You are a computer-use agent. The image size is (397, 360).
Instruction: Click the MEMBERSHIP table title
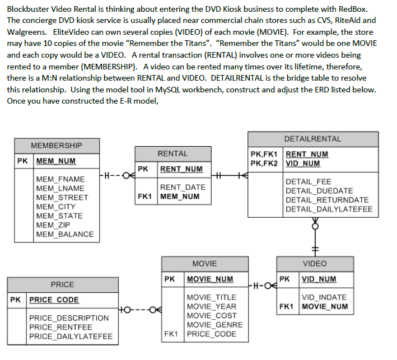tap(56, 146)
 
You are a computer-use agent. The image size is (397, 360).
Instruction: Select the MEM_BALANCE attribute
tap(64, 234)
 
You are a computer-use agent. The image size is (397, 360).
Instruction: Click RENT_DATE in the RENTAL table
tap(183, 188)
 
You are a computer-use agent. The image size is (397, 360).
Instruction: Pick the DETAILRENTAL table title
tap(312, 139)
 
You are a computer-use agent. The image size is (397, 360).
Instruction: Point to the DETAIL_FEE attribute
tap(308, 182)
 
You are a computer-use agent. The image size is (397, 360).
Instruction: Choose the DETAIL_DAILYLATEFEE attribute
tap(328, 209)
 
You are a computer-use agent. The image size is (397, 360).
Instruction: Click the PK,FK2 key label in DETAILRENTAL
tap(265, 163)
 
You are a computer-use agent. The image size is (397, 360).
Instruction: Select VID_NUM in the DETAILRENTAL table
tap(303, 163)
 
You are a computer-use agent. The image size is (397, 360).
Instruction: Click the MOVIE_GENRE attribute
tap(214, 325)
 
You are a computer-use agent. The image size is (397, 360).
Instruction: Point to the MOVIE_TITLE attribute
tap(211, 297)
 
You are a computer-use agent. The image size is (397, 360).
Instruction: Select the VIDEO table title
tap(314, 263)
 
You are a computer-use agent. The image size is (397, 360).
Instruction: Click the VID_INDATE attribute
tap(324, 297)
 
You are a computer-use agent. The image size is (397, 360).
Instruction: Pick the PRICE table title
tap(62, 284)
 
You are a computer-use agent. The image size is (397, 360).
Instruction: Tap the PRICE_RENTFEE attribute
tap(60, 328)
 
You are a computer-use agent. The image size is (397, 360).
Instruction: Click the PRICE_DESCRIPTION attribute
tap(69, 318)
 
